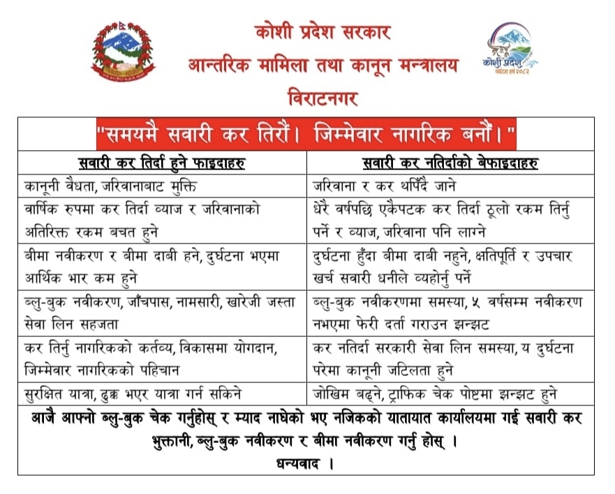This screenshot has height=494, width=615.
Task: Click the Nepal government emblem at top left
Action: coord(124,53)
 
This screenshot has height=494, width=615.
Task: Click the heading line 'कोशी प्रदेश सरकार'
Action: coord(322,32)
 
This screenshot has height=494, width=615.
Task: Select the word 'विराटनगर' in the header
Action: coord(322,97)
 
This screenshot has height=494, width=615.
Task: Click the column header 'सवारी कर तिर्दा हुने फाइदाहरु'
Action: coord(165,165)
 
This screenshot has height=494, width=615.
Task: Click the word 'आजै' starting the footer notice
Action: coord(45,419)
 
